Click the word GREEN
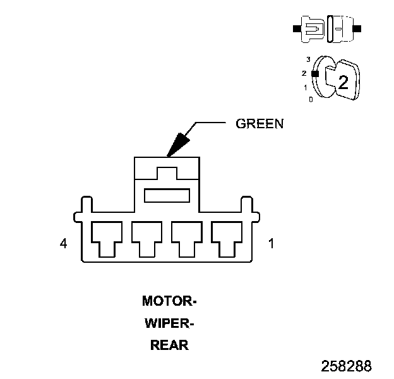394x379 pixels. [260, 124]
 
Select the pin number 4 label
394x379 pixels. [63, 244]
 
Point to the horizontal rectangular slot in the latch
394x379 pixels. [167, 196]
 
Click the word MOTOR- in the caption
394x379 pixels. [169, 301]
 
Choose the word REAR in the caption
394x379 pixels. [169, 346]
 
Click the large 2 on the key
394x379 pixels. [343, 82]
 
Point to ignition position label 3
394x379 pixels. [308, 59]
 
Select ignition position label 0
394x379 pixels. [311, 99]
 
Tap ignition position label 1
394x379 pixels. [306, 87]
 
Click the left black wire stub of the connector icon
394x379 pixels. [296, 29]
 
